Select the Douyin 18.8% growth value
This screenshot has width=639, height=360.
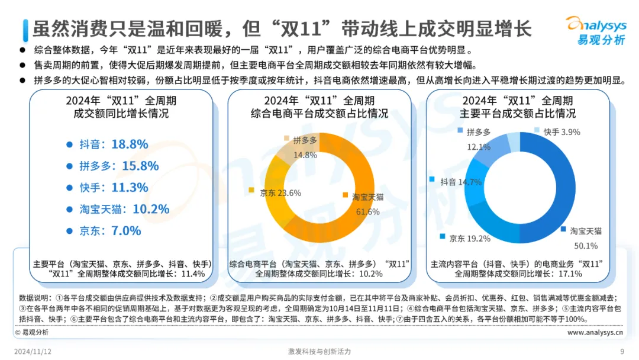click(x=130, y=144)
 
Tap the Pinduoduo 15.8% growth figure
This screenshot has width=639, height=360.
click(x=140, y=166)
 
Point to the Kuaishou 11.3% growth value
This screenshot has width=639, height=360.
click(x=130, y=188)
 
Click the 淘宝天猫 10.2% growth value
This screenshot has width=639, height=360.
click(x=151, y=209)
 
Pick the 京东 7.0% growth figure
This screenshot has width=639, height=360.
click(x=126, y=231)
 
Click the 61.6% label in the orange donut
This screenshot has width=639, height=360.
click(x=367, y=212)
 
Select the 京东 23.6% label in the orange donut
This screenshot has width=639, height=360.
click(x=280, y=193)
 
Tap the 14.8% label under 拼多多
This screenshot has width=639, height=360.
click(x=305, y=155)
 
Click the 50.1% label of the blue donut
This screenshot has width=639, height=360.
click(x=586, y=246)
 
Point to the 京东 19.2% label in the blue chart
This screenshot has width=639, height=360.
click(x=470, y=239)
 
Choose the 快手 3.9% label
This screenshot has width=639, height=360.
click(x=561, y=132)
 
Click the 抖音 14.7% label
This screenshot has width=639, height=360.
click(x=461, y=182)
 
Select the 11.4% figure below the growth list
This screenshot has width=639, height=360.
click(x=193, y=274)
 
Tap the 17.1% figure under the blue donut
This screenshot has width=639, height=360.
click(x=570, y=274)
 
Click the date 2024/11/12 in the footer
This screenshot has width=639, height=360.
click(x=33, y=352)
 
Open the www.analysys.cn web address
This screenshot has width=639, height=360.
click(x=595, y=332)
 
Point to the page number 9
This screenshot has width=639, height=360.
click(x=622, y=352)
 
